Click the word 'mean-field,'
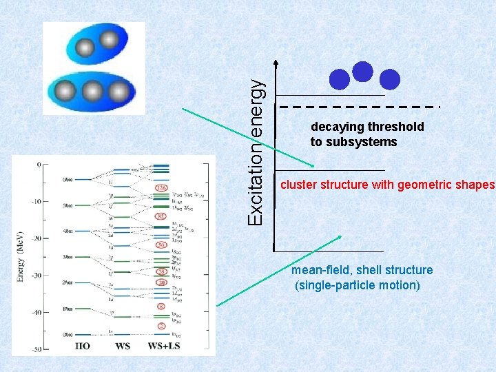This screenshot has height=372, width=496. coord(320,270)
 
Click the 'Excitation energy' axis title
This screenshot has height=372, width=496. coord(255,150)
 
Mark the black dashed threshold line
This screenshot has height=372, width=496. coord(358,107)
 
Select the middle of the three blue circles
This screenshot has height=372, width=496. coord(362,71)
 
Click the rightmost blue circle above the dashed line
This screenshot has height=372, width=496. coord(390,80)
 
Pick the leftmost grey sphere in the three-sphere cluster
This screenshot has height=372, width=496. coord(65,92)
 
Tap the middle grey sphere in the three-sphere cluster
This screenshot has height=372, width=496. coord(93,92)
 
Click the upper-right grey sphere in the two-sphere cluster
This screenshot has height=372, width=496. coord(109,40)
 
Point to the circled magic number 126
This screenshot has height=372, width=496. coord(161,187)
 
